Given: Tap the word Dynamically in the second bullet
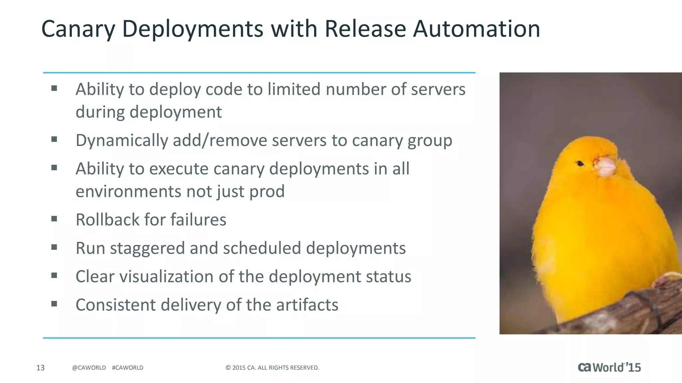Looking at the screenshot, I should click(x=122, y=141).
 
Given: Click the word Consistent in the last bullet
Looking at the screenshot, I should click(x=116, y=305).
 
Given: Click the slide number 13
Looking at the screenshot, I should click(x=40, y=368).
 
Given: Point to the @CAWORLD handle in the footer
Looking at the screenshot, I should click(x=89, y=368).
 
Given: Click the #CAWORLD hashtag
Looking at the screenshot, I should click(x=128, y=368).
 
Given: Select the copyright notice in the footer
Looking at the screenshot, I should click(x=272, y=368).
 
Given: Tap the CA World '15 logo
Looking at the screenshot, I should click(x=609, y=367).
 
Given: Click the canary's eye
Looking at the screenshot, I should click(x=580, y=163).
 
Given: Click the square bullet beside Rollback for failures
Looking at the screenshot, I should click(x=54, y=219).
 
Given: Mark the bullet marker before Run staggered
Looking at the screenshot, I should click(x=54, y=247).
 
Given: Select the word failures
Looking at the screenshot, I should click(x=198, y=220).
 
